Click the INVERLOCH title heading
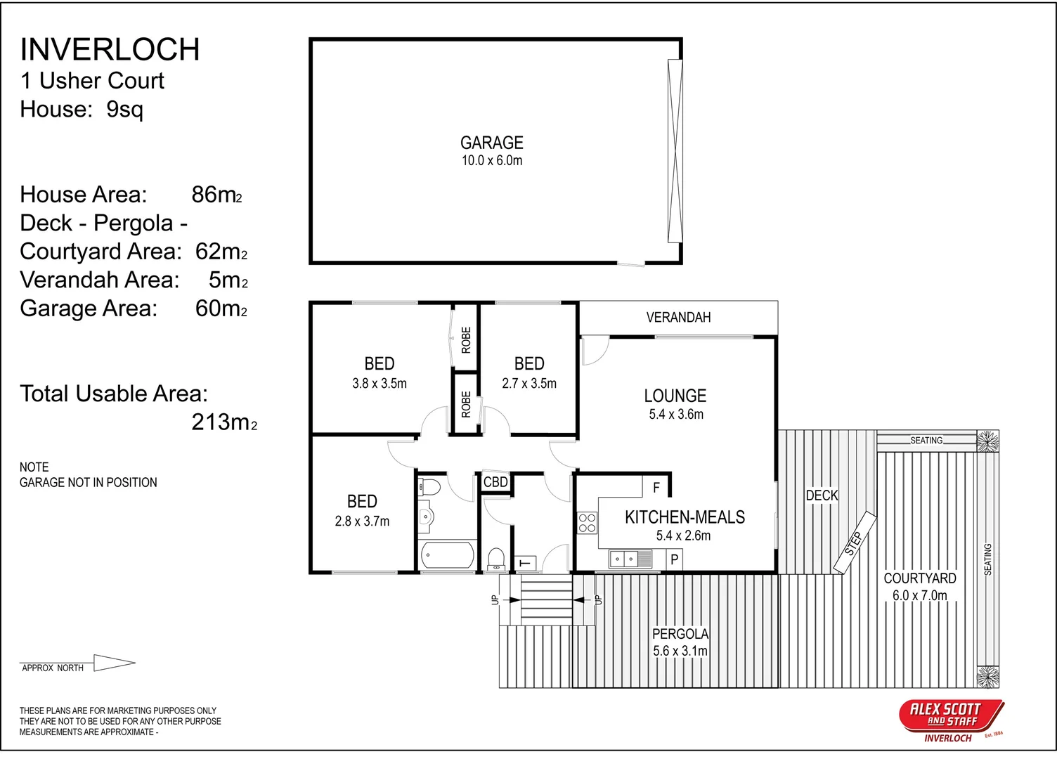pyautogui.click(x=110, y=50)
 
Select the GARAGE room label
pyautogui.click(x=491, y=143)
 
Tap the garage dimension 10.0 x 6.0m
pyautogui.click(x=491, y=161)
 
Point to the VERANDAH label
pyautogui.click(x=678, y=318)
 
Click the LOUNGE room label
pyautogui.click(x=675, y=396)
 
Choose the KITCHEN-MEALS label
pyautogui.click(x=685, y=518)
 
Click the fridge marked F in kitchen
pyautogui.click(x=656, y=487)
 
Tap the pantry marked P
pyautogui.click(x=674, y=560)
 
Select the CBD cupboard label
pyautogui.click(x=495, y=482)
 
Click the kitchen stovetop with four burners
pyautogui.click(x=587, y=523)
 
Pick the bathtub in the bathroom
pyautogui.click(x=448, y=556)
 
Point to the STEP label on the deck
pyautogui.click(x=855, y=543)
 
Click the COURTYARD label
pyautogui.click(x=919, y=578)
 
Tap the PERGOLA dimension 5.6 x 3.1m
pyautogui.click(x=680, y=651)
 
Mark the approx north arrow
pyautogui.click(x=113, y=663)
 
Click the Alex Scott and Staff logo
pyautogui.click(x=951, y=719)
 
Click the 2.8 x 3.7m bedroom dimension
pyautogui.click(x=362, y=521)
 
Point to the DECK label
pyautogui.click(x=822, y=495)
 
